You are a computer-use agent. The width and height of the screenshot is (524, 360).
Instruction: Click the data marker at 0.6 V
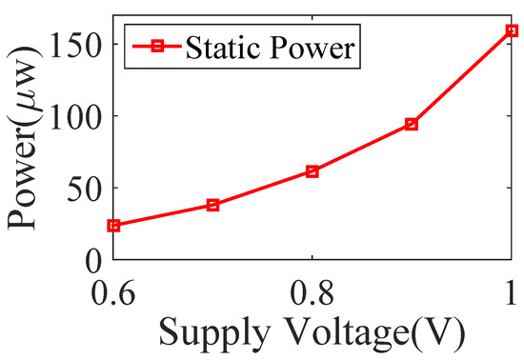[114, 226]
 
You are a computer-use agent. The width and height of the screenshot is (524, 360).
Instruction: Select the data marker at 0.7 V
[213, 205]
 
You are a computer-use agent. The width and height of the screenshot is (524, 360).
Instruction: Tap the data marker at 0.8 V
[312, 171]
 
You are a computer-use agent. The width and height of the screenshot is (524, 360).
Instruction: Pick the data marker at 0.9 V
[412, 124]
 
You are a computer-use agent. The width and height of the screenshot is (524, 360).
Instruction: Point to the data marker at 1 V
[512, 30]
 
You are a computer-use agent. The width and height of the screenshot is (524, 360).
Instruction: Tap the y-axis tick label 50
[86, 188]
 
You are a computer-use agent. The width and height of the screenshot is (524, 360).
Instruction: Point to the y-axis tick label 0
[93, 259]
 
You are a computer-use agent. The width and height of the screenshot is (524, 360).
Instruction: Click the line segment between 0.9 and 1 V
[462, 77]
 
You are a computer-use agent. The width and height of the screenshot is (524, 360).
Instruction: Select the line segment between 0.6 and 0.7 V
[164, 215]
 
